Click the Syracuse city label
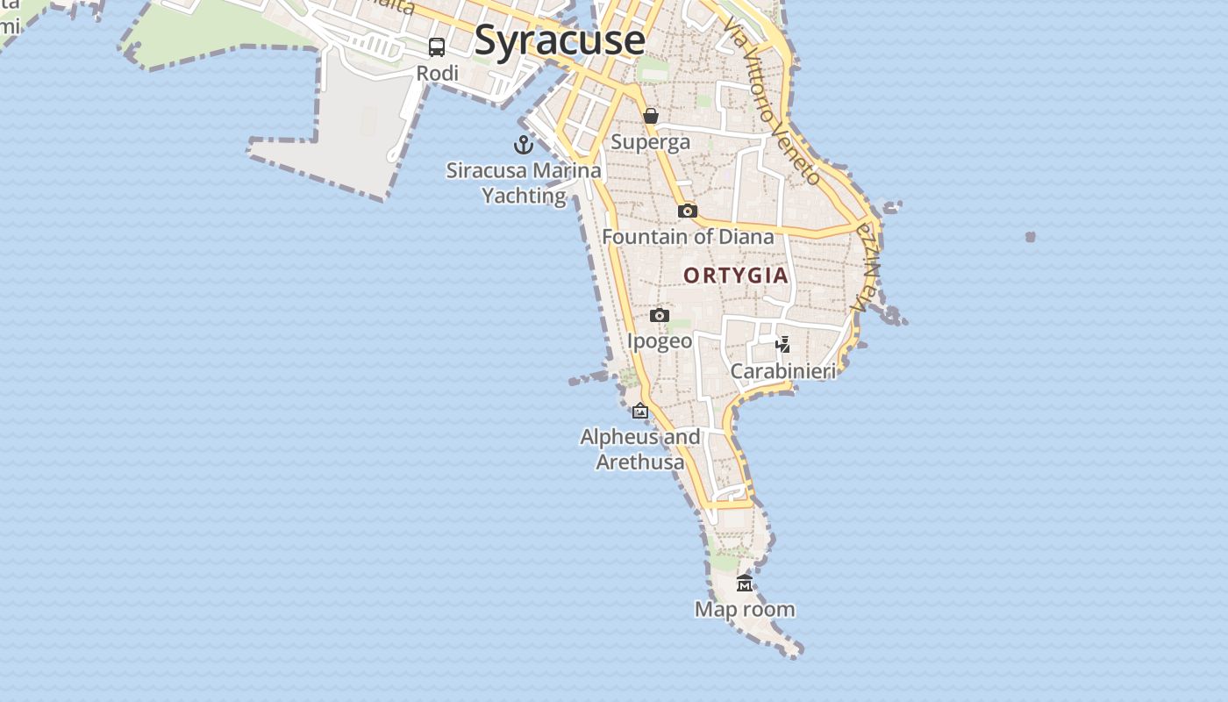click(560, 40)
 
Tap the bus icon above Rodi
click(437, 47)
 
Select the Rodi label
click(437, 73)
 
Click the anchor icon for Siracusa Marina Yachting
click(524, 145)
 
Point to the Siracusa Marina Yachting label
click(525, 183)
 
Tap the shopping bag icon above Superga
click(651, 116)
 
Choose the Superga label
click(650, 141)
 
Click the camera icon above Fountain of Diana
click(688, 211)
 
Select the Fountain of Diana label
click(688, 236)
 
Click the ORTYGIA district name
click(736, 276)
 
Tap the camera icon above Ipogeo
click(660, 315)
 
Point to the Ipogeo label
click(660, 340)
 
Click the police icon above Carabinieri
click(783, 344)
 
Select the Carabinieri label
click(783, 371)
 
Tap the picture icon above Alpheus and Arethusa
click(640, 411)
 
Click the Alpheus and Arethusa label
click(640, 448)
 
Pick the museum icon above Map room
click(745, 583)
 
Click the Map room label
click(745, 609)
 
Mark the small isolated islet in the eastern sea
click(1031, 237)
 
